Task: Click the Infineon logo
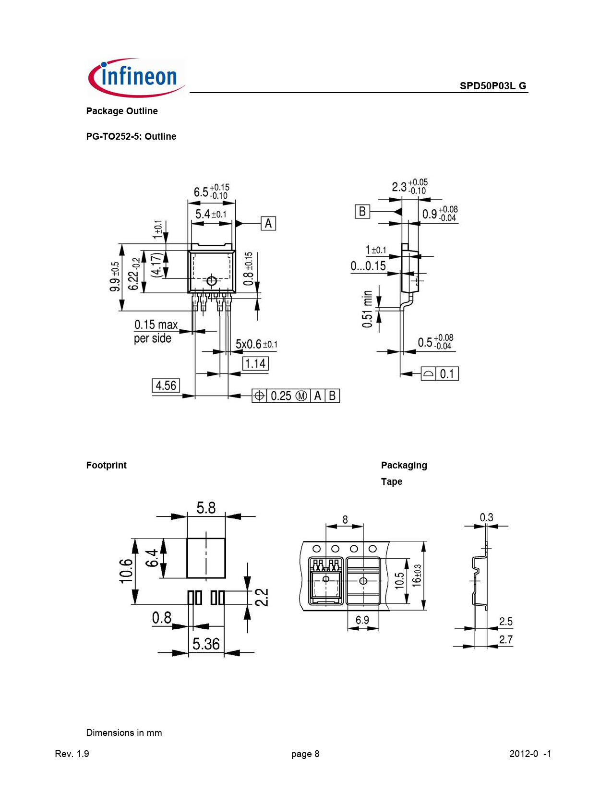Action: coord(136,78)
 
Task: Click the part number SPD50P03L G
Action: coord(493,85)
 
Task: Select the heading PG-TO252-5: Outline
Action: coord(131,136)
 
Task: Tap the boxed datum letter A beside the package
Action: coord(268,223)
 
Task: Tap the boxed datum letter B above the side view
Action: coord(362,211)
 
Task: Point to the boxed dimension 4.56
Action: coord(166,385)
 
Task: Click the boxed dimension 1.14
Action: coord(255,363)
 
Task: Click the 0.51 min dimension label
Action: coord(367,309)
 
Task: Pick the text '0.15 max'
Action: coord(156,324)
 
